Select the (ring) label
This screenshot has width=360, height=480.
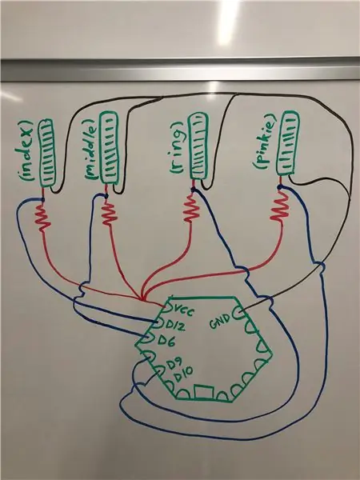point(178,148)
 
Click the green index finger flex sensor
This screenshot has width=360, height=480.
point(46,153)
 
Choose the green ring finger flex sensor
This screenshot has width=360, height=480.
point(198,146)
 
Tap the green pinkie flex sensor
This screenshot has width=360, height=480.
point(287,143)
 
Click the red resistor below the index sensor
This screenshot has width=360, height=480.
point(43,218)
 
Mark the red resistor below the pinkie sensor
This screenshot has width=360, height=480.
point(280,206)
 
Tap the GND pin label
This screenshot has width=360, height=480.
point(220,321)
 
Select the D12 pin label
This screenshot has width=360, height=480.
point(175,326)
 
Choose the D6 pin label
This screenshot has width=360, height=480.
point(167,340)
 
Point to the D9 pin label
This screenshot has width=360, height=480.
point(174,363)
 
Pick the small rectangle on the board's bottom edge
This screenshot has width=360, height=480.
point(203,392)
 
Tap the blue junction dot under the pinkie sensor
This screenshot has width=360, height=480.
point(279,186)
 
